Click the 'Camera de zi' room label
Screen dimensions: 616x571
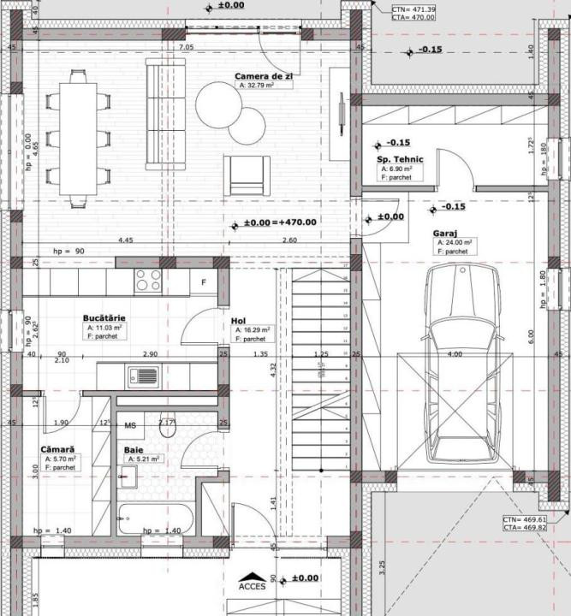pos(264,76)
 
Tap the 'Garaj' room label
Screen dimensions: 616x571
pos(448,232)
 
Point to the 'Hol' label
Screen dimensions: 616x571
pos(238,321)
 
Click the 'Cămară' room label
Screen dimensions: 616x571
pos(57,449)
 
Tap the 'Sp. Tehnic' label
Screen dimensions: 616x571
pos(395,160)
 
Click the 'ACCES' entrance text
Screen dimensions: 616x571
pos(253,586)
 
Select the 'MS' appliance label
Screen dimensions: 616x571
pos(131,425)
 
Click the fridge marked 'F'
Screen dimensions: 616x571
pos(204,281)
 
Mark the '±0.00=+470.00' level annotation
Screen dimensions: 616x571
pos(280,222)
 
